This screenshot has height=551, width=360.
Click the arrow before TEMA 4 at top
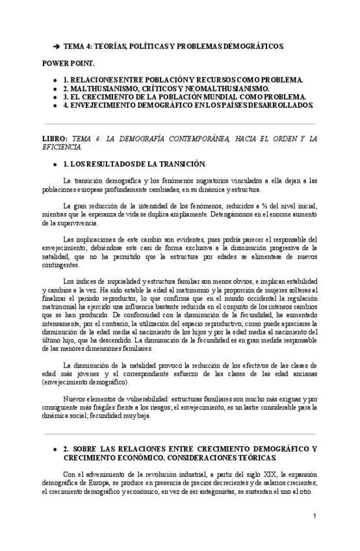57,47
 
